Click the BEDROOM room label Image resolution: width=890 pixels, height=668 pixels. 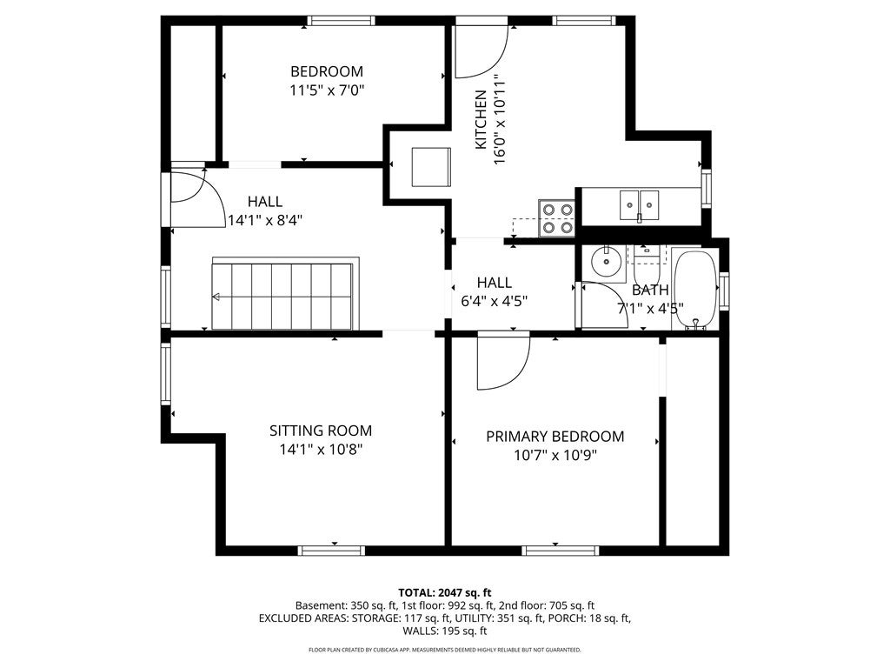[x=327, y=71]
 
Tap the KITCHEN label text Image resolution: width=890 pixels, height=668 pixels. [x=480, y=119]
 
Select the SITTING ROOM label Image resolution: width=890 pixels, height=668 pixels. [x=321, y=431]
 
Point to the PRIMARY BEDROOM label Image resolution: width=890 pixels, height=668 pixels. [x=555, y=437]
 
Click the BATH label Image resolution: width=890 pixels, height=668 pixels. [x=650, y=290]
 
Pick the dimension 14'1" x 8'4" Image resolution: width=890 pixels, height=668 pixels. [x=264, y=220]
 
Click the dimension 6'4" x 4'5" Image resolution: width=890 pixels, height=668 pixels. [x=494, y=301]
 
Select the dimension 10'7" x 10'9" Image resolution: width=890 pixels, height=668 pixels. [x=555, y=455]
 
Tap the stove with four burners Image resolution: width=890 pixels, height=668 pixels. [x=556, y=218]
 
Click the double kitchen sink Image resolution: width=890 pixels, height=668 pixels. [x=639, y=204]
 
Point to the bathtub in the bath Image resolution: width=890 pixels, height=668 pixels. [x=695, y=289]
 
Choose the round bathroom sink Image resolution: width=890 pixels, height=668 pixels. [x=607, y=262]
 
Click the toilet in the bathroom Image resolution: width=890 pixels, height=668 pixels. [x=647, y=257]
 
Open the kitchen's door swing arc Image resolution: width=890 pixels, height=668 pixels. [x=482, y=51]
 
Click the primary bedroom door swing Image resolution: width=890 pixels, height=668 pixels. [x=503, y=363]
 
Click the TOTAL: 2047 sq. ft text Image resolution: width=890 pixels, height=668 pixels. [x=444, y=593]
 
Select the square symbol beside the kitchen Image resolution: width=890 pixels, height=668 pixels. [x=431, y=167]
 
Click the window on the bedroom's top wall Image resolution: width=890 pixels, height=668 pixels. [x=341, y=21]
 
